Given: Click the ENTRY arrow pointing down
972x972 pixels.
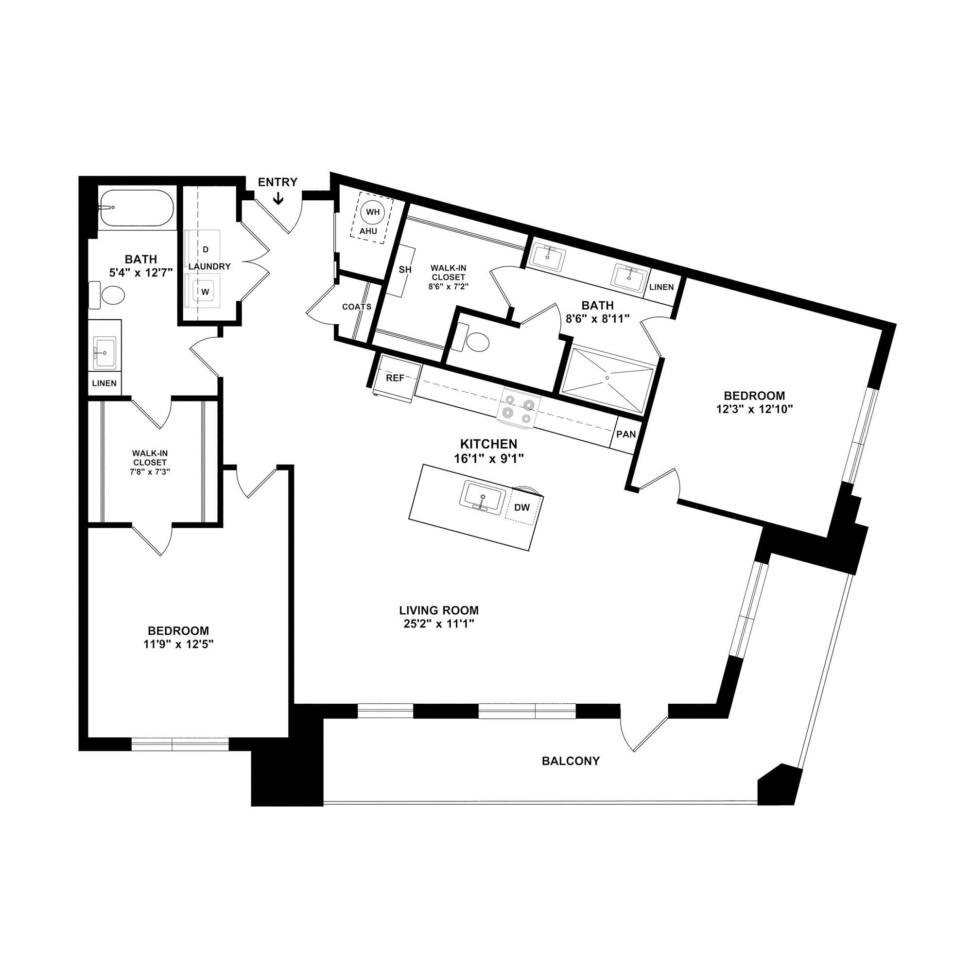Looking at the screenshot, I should coord(278,199).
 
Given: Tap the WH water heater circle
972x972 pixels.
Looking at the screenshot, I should coord(373,212).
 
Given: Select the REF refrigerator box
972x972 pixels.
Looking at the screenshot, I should coord(395,378).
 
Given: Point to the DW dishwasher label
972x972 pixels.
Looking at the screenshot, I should coord(522,508).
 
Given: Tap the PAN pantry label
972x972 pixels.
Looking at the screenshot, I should coord(626,434).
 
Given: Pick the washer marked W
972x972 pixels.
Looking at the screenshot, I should coord(205,291).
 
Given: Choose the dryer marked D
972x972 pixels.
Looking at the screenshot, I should coord(205,249).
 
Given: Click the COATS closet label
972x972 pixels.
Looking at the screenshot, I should coord(356,306).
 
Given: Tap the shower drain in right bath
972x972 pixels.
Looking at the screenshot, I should coord(607,377).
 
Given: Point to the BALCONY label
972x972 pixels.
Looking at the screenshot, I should coord(571,761).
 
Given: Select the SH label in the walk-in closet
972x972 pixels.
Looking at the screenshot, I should coord(405,270).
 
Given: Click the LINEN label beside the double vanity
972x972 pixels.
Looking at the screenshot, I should coord(661,287).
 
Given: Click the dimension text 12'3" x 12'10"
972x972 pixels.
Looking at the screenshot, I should coord(754,410).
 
